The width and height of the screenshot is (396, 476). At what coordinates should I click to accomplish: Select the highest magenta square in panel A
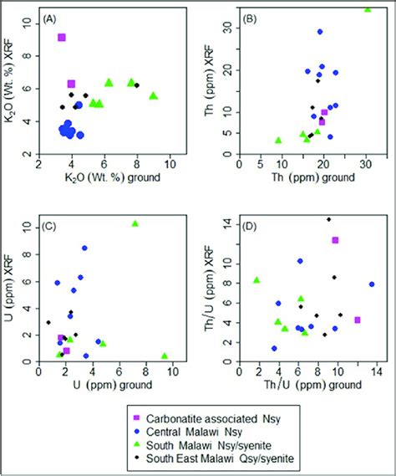tap(61, 38)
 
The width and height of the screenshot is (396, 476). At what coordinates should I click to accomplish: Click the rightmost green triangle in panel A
tap(154, 95)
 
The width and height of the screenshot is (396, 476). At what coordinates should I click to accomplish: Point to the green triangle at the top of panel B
tap(368, 9)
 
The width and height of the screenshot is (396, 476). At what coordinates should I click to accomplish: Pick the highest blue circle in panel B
tap(320, 32)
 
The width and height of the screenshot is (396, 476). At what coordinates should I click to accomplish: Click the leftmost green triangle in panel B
tap(279, 141)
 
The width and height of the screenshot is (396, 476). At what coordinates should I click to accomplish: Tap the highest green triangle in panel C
tap(135, 223)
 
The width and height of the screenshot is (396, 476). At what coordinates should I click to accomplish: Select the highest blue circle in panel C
tap(84, 248)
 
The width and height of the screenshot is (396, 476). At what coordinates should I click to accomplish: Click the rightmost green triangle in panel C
tap(165, 356)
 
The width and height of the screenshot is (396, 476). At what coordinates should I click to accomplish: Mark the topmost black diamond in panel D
tap(328, 219)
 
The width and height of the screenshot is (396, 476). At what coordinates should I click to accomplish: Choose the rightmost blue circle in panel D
tap(372, 284)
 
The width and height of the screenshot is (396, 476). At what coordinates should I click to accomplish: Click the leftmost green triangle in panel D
tap(257, 280)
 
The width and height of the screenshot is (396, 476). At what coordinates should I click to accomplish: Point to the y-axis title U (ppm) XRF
tap(11, 284)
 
